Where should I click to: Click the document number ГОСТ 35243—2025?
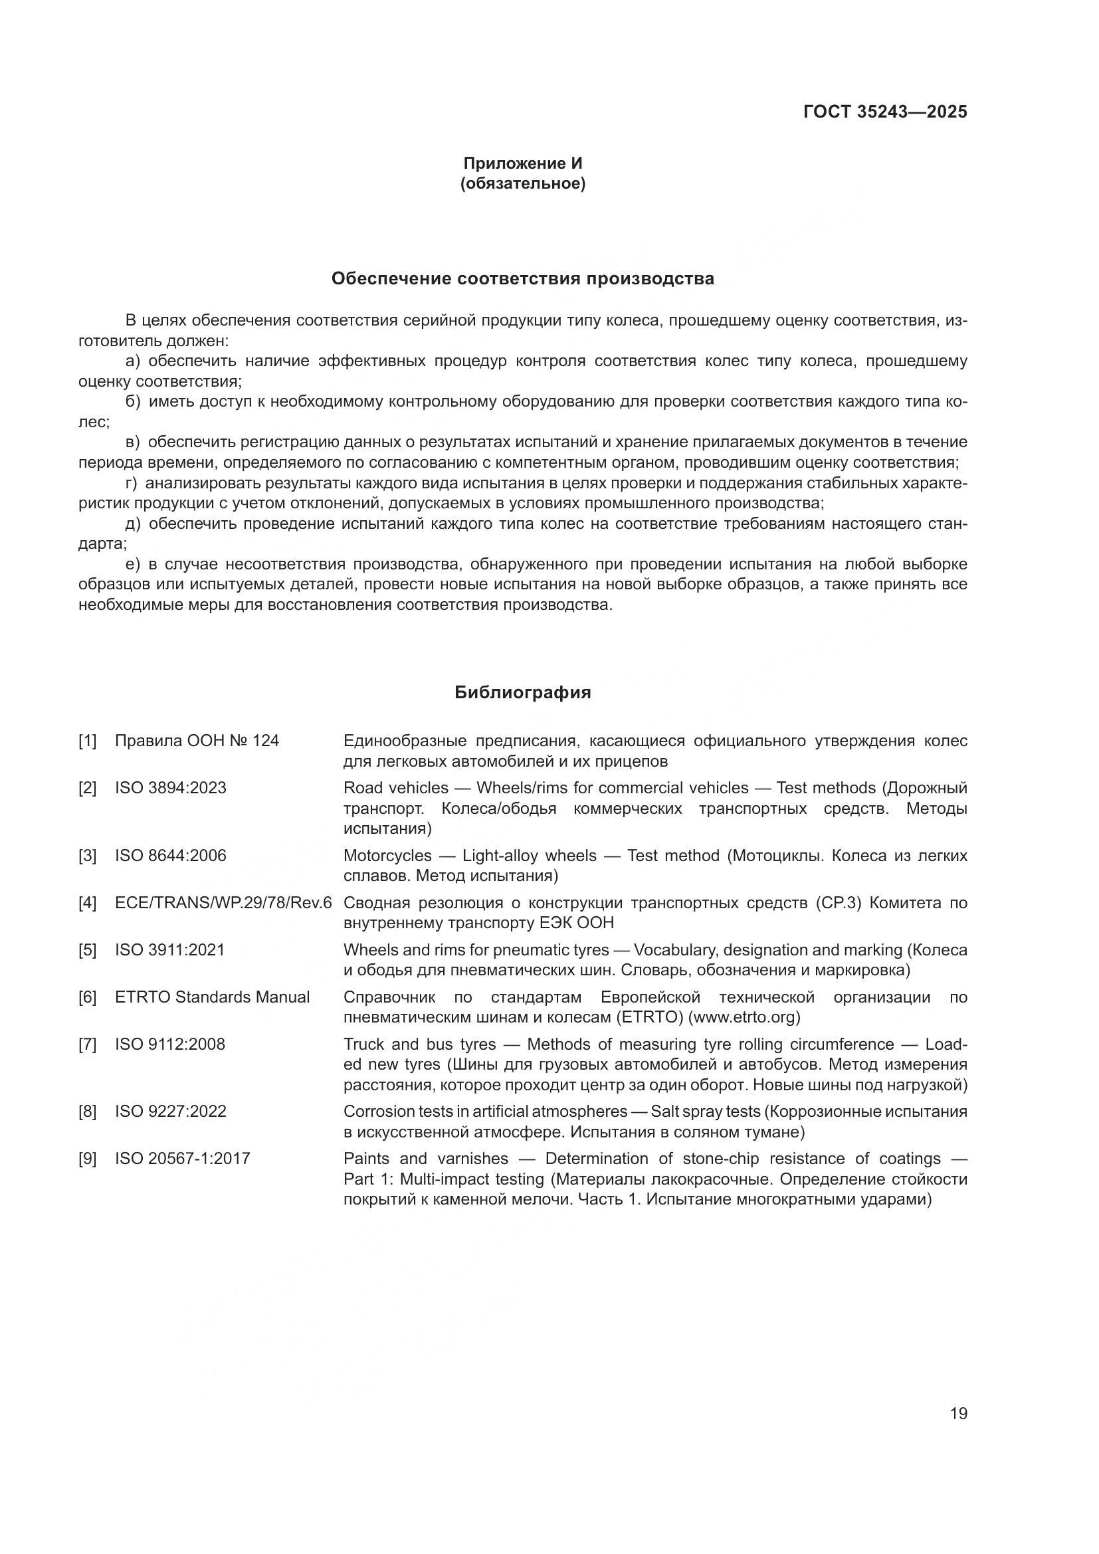(x=884, y=112)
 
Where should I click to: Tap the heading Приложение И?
(x=522, y=163)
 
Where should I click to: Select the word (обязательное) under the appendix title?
(x=522, y=183)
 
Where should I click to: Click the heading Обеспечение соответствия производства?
(x=522, y=279)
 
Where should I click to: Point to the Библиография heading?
(x=522, y=692)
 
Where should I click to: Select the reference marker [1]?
(x=87, y=741)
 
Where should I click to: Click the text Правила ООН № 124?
(x=196, y=741)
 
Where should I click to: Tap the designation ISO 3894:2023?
(x=171, y=788)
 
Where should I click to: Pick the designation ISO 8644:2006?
(x=171, y=856)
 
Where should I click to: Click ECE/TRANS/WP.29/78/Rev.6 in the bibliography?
(x=223, y=903)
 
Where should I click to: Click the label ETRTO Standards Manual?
(x=212, y=997)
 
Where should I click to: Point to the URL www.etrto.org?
(x=744, y=1017)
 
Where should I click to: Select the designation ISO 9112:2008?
(x=170, y=1044)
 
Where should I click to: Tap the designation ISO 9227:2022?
(x=171, y=1112)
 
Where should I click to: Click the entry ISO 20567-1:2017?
(x=182, y=1159)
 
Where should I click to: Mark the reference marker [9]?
(x=87, y=1159)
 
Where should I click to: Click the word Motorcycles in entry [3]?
(x=387, y=856)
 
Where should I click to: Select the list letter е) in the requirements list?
(x=132, y=565)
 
